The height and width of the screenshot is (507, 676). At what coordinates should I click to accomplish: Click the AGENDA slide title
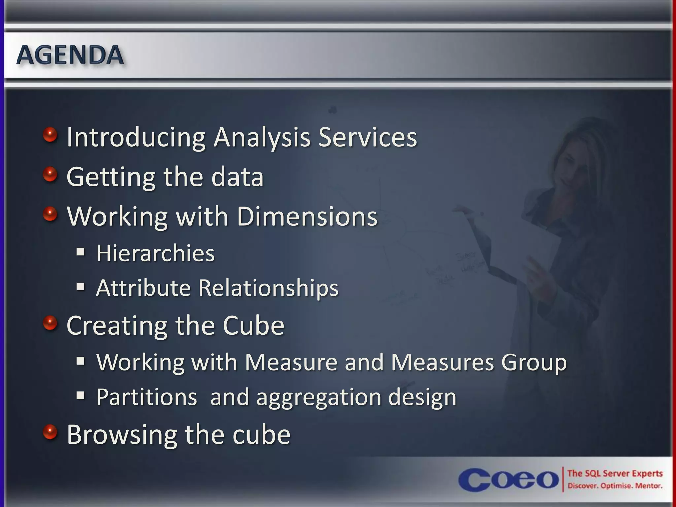(x=70, y=55)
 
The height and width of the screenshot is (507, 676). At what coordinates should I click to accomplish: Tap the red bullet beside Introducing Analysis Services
(x=50, y=135)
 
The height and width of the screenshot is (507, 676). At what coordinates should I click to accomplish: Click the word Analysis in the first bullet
(x=262, y=137)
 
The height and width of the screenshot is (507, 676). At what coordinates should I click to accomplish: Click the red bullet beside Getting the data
(x=50, y=174)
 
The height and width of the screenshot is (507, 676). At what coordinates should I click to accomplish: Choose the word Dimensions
(x=307, y=217)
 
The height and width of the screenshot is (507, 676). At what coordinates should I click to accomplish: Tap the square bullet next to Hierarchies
(x=81, y=253)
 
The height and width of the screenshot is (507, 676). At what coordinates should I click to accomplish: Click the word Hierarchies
(x=155, y=253)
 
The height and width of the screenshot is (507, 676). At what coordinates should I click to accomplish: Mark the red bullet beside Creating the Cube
(x=50, y=323)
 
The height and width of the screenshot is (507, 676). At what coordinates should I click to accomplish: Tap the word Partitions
(x=147, y=397)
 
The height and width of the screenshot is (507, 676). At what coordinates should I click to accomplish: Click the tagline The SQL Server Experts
(x=615, y=473)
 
